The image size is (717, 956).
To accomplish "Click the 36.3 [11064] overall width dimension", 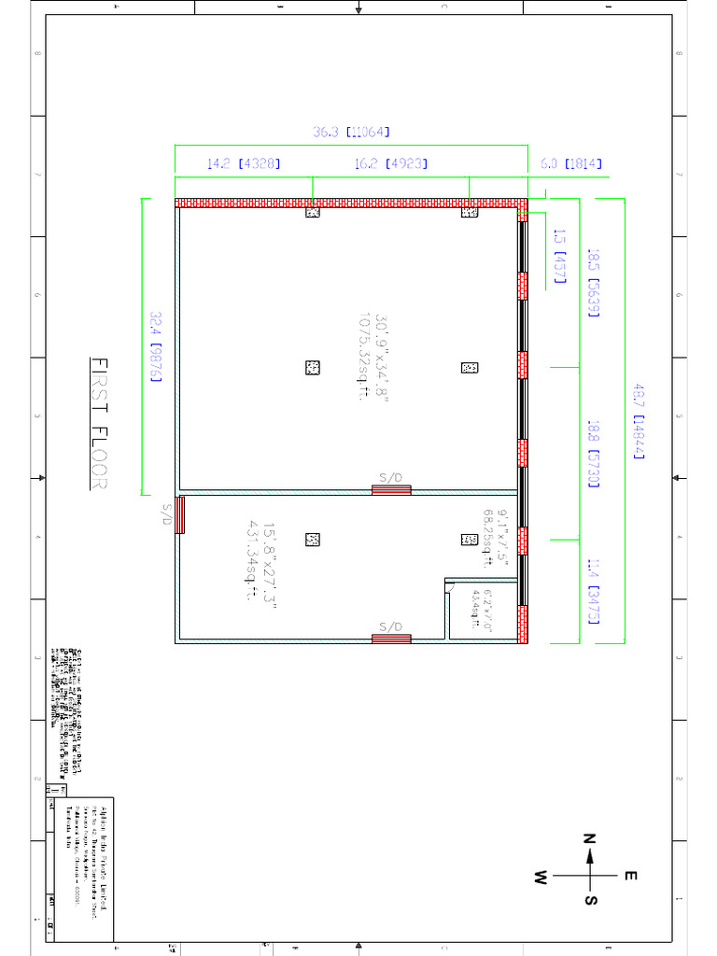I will [x=351, y=133].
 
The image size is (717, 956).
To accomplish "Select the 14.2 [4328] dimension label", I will [x=243, y=163].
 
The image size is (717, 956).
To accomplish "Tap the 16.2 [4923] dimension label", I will [x=391, y=163].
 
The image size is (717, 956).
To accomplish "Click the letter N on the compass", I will [x=589, y=838].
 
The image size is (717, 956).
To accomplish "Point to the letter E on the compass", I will [x=630, y=876].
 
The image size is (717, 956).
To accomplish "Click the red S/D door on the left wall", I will [x=181, y=514].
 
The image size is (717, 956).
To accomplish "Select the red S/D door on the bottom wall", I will [x=391, y=639].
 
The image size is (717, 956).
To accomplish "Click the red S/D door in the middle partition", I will [x=391, y=489].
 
